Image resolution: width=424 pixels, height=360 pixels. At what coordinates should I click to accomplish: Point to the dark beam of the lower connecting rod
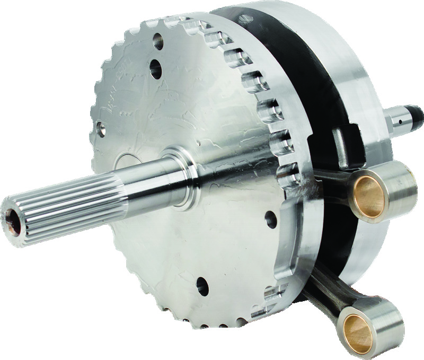tap(323, 286)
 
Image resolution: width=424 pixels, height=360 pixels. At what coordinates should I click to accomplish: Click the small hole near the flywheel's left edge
tap(101, 127)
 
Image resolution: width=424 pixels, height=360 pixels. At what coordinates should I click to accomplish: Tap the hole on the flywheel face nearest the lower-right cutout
tap(271, 218)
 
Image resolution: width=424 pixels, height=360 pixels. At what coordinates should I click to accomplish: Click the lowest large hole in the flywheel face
tap(202, 287)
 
